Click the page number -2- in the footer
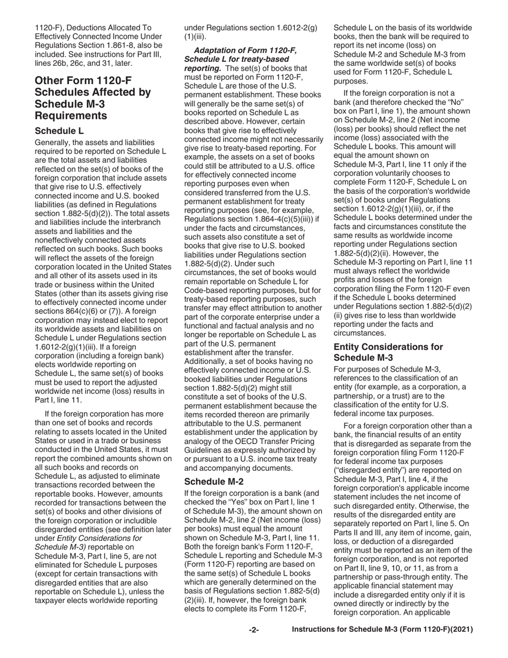[254, 630]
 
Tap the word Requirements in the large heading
[71, 116]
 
